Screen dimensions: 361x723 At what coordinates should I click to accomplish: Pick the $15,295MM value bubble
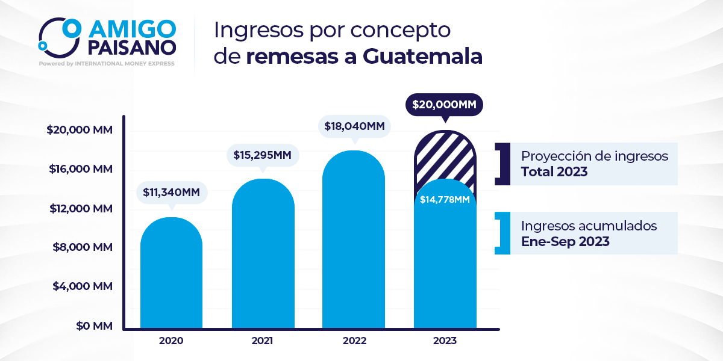click(x=262, y=155)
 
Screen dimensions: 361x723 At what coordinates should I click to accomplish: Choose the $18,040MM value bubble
click(x=354, y=126)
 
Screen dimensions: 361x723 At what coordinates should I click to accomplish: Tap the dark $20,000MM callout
click(x=445, y=105)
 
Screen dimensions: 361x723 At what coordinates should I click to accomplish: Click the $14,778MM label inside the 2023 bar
click(x=445, y=200)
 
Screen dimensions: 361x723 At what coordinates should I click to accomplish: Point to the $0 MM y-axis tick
click(x=95, y=326)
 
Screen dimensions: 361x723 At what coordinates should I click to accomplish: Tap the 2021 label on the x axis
click(x=263, y=341)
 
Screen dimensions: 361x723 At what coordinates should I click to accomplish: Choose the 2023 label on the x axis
click(x=445, y=341)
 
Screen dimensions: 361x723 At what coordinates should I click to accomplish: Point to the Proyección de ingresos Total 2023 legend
click(x=593, y=164)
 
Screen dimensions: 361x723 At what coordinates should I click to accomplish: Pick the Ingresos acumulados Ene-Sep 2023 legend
click(x=593, y=233)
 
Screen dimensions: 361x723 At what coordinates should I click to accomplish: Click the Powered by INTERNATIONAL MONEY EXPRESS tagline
click(x=107, y=63)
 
